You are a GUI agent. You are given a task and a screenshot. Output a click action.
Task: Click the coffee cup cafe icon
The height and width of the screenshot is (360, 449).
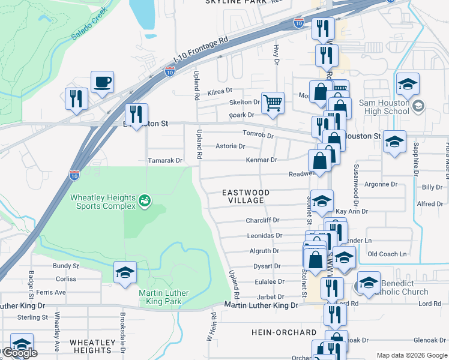102,82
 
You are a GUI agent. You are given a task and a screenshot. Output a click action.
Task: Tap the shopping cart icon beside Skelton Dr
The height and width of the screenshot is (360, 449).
273,103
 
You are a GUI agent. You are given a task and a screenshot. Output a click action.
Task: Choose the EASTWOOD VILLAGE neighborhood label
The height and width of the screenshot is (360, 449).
246,196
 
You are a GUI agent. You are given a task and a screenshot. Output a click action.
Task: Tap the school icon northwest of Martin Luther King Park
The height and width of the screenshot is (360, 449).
125,272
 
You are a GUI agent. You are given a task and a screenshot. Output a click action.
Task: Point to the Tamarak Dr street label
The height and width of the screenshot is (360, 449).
165,161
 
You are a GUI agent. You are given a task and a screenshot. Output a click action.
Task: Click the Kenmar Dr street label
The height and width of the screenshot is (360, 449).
261,160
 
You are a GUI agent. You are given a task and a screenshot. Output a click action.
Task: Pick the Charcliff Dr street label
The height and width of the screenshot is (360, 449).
263,220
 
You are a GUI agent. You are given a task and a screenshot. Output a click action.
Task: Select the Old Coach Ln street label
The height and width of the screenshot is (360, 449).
387,254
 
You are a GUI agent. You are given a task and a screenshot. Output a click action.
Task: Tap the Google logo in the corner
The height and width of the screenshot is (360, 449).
20,353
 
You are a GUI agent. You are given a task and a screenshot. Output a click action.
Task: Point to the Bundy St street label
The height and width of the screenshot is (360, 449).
66,266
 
